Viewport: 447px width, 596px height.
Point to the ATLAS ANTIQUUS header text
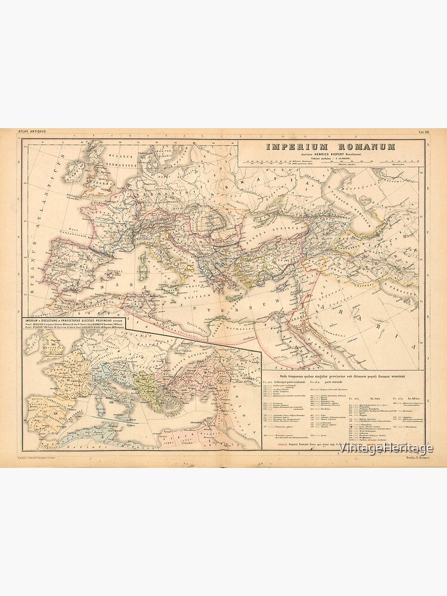point(31,132)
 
